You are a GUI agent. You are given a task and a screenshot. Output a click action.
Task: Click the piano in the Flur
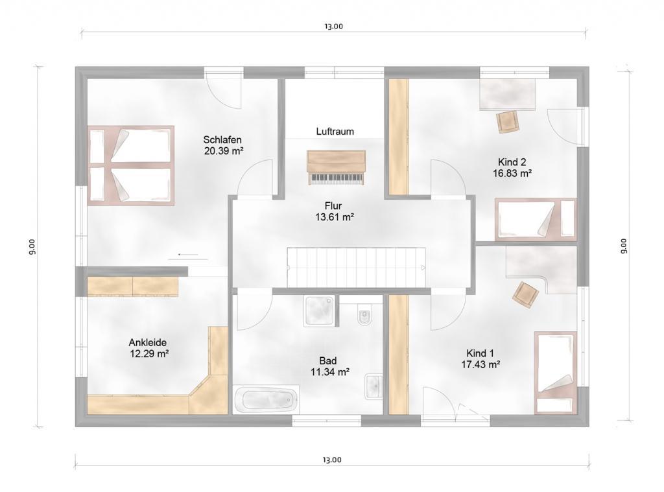point(337,167)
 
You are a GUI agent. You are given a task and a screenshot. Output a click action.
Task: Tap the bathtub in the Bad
point(267,399)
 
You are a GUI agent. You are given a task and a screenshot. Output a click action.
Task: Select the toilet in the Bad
point(364,315)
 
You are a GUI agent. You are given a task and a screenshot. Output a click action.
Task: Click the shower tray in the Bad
point(320,310)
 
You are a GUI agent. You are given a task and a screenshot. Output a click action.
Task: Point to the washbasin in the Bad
point(374,386)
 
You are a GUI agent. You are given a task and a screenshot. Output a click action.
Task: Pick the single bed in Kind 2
point(536,219)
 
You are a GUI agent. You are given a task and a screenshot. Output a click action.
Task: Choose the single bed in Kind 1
point(556,372)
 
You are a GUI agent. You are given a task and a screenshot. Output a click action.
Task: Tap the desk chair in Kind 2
point(507,122)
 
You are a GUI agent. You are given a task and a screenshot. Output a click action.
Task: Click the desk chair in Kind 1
point(525,294)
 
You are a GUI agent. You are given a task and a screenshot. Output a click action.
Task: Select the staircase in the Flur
point(356,267)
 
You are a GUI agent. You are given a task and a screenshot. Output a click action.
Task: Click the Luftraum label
point(335,131)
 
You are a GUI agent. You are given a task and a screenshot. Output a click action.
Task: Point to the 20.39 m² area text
point(224,151)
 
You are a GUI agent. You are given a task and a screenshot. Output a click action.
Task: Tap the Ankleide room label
point(148,342)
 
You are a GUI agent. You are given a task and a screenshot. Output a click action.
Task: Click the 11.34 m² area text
point(330,371)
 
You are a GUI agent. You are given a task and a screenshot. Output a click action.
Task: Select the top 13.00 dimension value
point(334,26)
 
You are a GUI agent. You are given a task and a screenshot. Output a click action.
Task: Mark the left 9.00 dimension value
point(32,246)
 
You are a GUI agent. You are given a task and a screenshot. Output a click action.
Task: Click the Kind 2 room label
point(512,162)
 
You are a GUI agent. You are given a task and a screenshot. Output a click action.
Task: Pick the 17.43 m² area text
point(480,364)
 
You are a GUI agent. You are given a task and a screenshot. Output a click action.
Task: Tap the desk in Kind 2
point(507,94)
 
